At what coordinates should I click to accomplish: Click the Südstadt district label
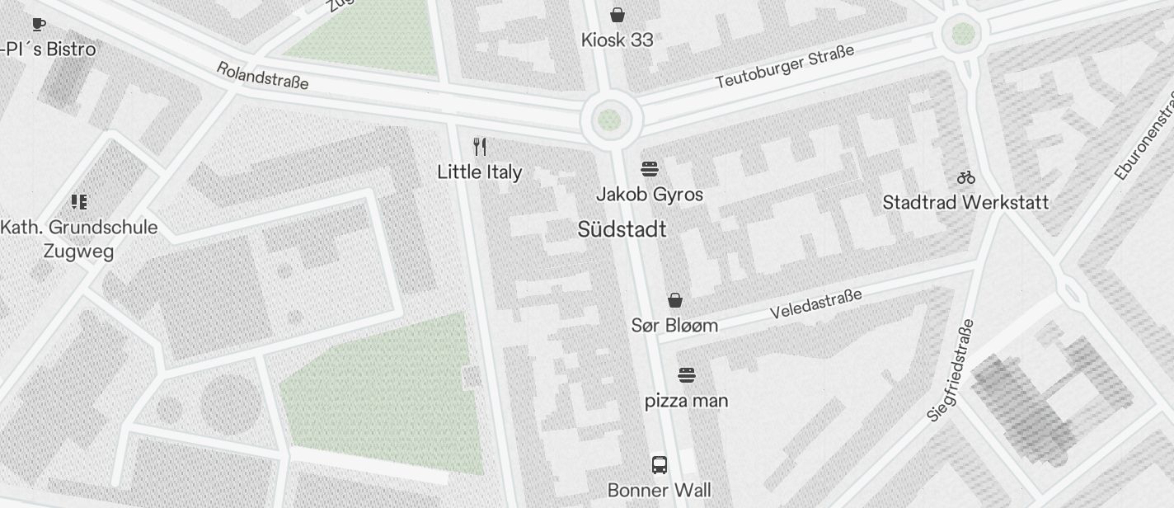[x=622, y=229]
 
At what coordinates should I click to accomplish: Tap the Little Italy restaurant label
[x=479, y=172]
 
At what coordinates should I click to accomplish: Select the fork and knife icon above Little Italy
[x=480, y=147]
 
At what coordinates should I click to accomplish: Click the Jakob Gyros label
[x=650, y=195]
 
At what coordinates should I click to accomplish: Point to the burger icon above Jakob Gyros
[x=650, y=169]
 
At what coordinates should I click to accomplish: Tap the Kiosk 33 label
[x=617, y=40]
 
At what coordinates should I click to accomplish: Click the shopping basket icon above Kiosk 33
[x=617, y=15]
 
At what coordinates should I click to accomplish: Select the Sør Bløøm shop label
[x=674, y=325]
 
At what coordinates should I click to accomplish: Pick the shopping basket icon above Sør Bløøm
[x=675, y=299]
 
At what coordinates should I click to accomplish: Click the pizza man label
[x=686, y=402]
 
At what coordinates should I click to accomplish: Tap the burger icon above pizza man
[x=687, y=376]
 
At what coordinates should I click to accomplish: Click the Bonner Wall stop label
[x=659, y=491]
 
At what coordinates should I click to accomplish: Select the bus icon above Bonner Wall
[x=660, y=464]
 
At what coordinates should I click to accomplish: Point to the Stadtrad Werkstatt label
[x=965, y=202]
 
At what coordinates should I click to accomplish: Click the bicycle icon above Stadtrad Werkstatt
[x=966, y=177]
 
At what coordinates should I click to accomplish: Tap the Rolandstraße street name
[x=262, y=75]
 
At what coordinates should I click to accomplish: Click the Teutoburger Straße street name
[x=784, y=67]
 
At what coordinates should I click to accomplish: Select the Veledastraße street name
[x=815, y=303]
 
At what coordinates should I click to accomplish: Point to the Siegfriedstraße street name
[x=951, y=370]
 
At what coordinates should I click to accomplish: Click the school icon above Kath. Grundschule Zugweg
[x=79, y=201]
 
